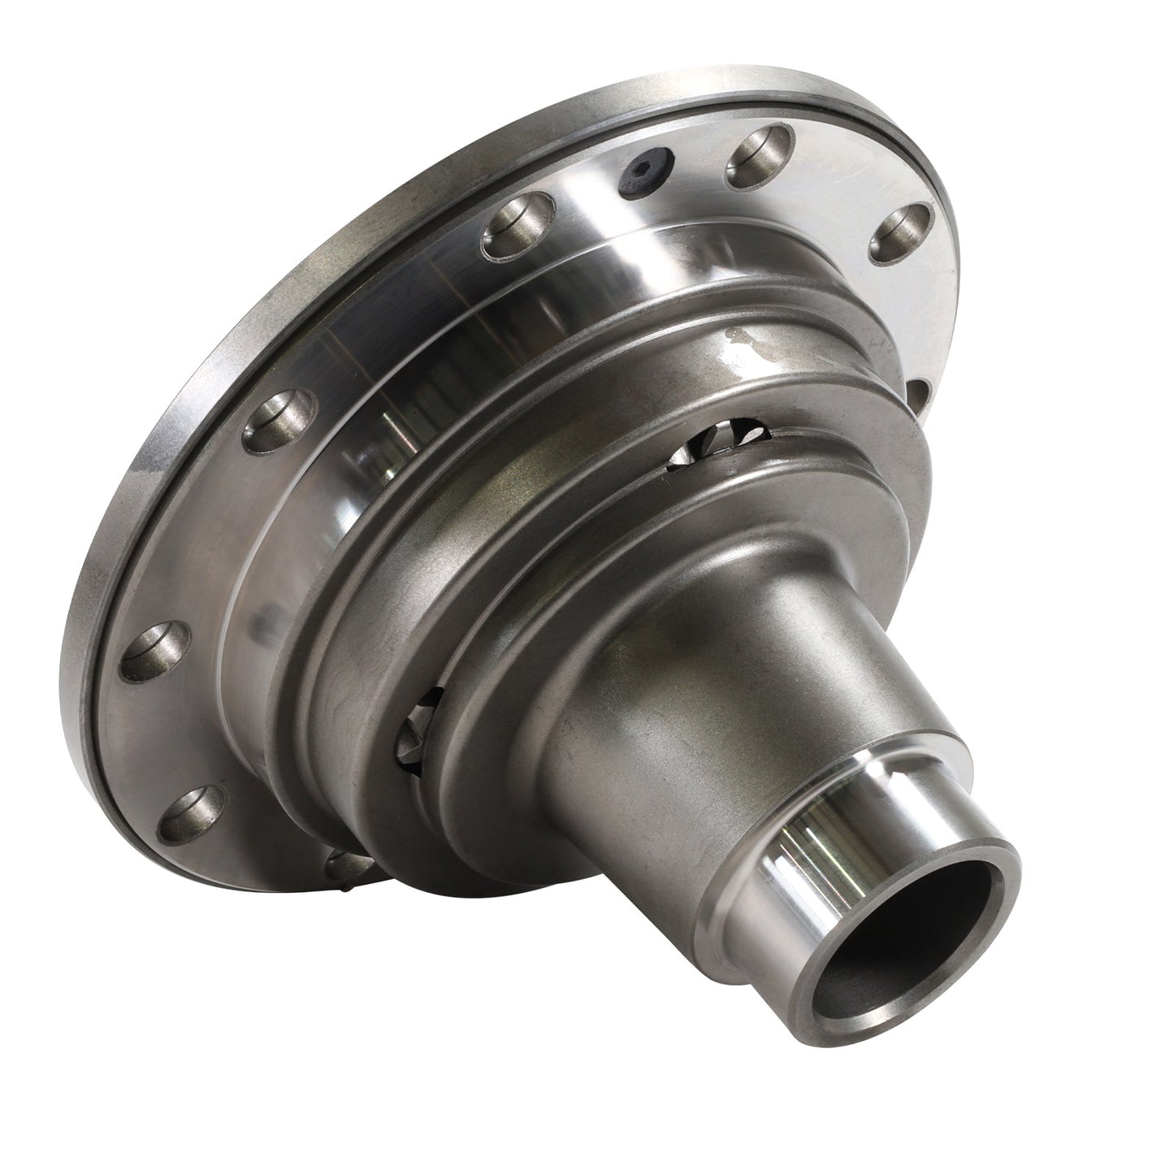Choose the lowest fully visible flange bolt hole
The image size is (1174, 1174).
pos(190,815)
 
